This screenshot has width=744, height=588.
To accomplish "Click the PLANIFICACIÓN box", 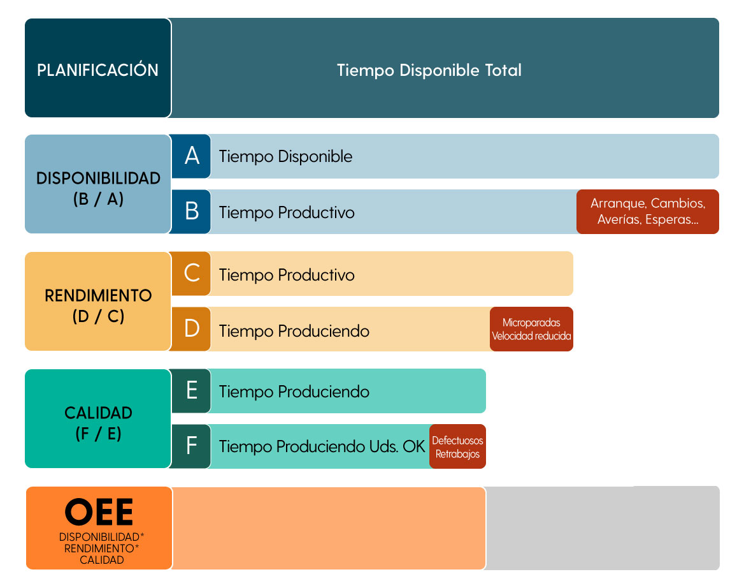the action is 97,68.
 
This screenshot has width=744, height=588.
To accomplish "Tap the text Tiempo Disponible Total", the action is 429,70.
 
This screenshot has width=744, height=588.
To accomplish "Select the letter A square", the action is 191,156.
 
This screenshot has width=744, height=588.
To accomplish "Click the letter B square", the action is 191,212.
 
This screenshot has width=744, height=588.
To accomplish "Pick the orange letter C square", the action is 191,274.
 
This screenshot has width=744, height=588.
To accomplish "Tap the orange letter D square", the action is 191,329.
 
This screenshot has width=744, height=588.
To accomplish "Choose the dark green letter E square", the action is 191,391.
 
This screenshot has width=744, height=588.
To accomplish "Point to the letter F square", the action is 191,446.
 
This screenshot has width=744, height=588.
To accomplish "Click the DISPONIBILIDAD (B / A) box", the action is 97,184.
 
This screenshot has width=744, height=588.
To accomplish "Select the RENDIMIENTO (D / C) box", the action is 97,301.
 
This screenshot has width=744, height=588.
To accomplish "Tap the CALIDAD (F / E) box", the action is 97,418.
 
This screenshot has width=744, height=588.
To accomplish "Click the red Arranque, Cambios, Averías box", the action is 648,212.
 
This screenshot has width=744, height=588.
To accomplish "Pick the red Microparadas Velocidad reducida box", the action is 531,329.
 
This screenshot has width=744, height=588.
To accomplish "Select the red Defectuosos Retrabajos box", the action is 457,446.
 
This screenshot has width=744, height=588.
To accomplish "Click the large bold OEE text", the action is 99,512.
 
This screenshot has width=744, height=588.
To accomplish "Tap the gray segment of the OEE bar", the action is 603,528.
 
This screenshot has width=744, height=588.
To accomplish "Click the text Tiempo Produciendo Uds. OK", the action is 322,446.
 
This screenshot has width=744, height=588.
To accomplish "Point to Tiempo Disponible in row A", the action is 285,156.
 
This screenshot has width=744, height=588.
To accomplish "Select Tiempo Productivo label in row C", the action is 287,275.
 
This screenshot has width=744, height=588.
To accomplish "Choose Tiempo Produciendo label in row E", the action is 294,392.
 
